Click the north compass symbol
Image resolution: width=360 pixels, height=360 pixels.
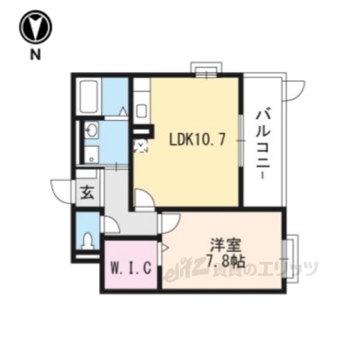click(34, 28)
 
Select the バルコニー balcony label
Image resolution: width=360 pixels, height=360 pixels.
click(263, 142)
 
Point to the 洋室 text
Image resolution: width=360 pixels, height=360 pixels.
click(222, 244)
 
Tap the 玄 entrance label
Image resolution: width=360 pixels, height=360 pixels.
click(87, 191)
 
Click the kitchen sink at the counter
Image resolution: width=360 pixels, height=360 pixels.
click(142, 110)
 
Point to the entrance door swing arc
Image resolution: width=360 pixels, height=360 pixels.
click(63, 188)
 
